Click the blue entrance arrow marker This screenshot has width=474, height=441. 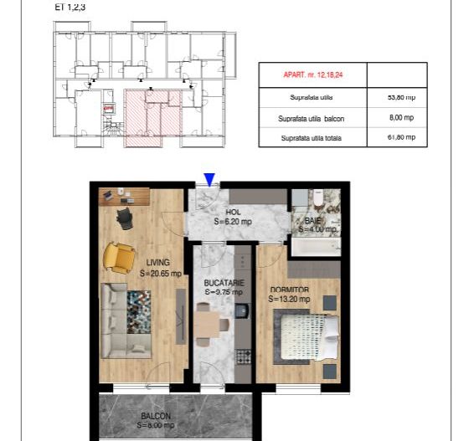tap(209, 179)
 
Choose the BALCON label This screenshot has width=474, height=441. tap(157, 416)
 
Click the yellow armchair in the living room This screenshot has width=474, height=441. tap(118, 256)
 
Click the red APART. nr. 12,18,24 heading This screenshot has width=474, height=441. tap(312, 74)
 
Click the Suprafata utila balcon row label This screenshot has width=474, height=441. tap(312, 118)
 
